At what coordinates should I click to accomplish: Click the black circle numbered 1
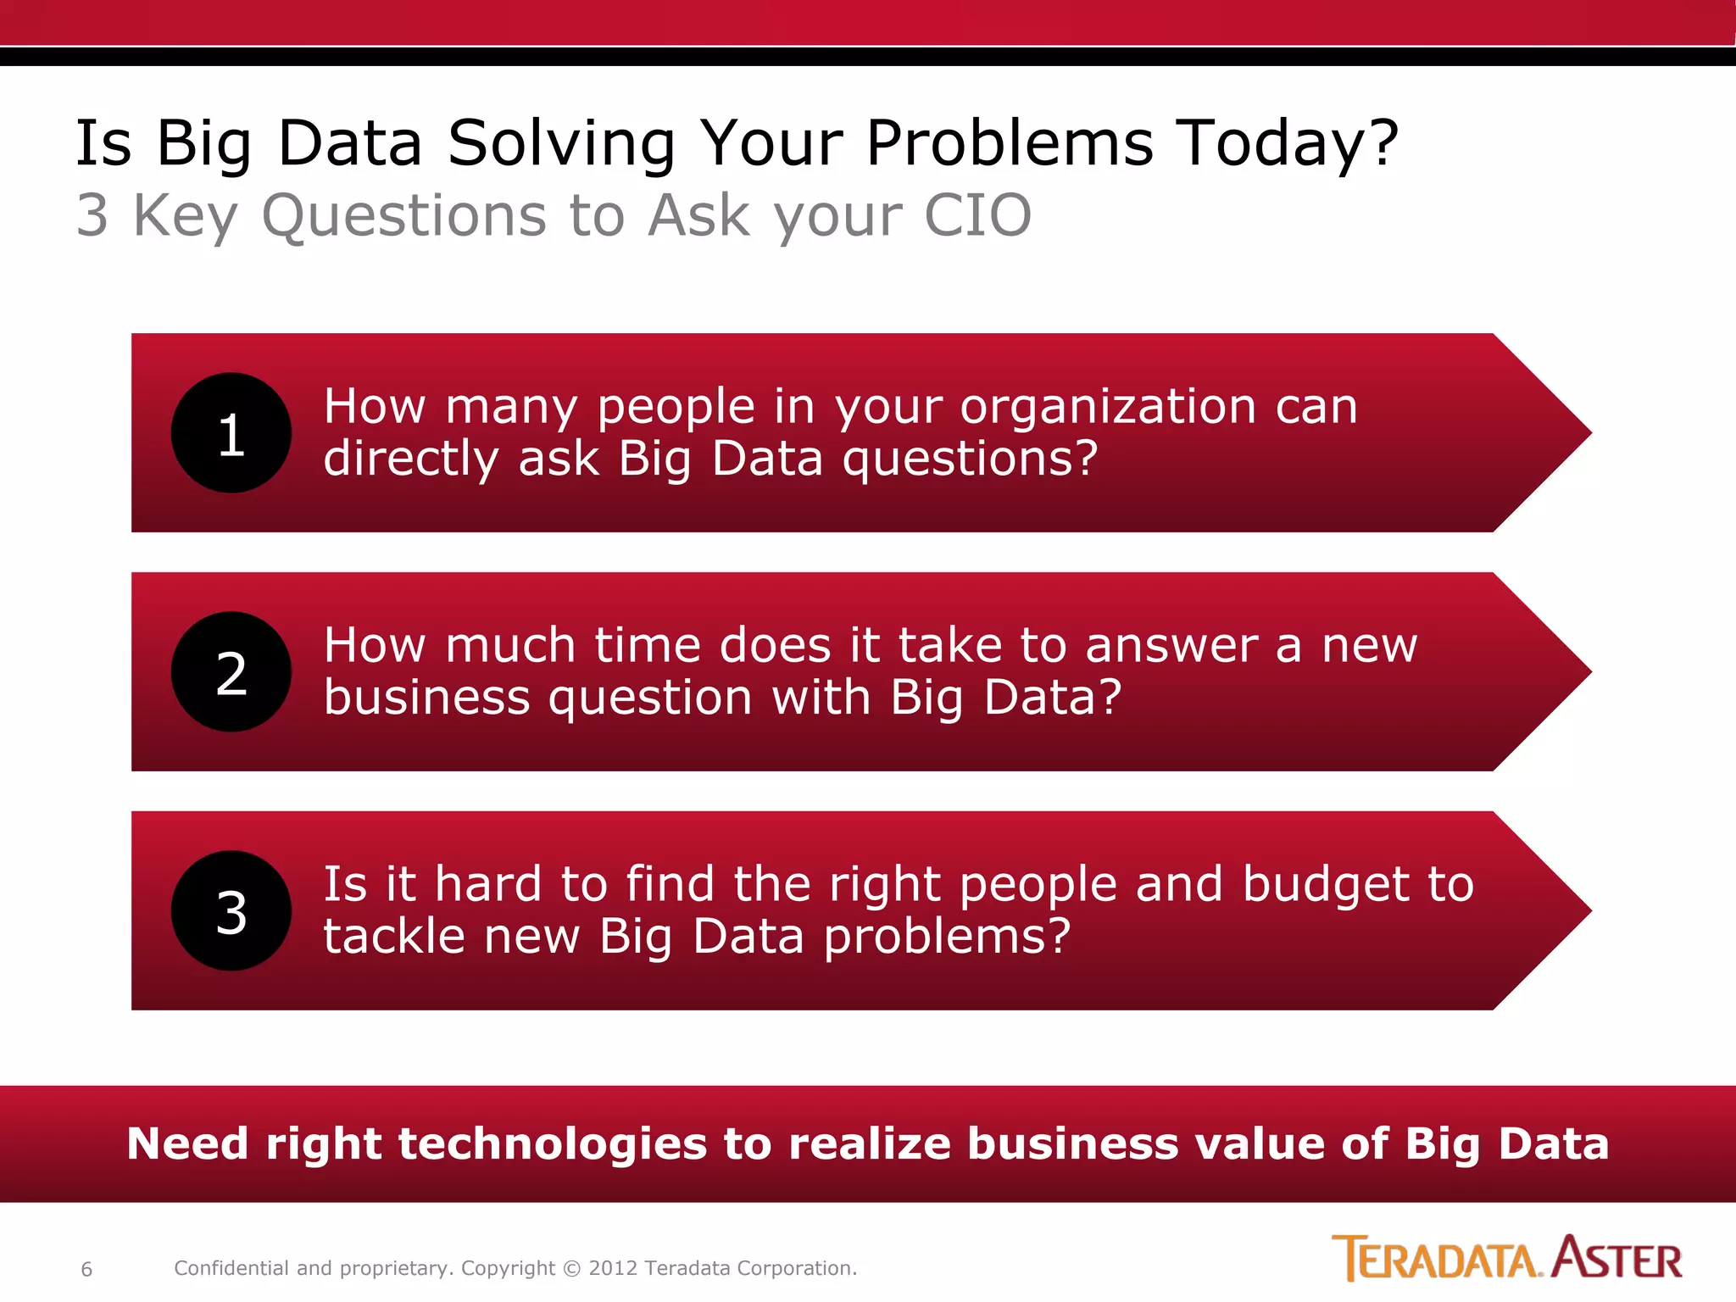point(231,433)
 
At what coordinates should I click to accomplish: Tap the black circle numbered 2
point(231,672)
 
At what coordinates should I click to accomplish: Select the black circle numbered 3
point(231,911)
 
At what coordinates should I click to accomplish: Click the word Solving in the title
point(561,144)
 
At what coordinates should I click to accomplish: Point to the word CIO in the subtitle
point(977,215)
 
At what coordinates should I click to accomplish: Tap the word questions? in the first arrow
point(970,459)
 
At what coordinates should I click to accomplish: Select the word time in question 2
point(647,646)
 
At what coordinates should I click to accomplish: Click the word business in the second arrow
point(426,698)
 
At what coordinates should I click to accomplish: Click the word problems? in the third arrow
point(947,938)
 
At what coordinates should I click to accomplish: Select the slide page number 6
point(86,1269)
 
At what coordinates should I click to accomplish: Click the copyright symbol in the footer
point(572,1269)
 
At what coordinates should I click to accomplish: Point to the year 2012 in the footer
point(612,1269)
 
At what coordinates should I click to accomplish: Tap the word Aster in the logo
point(1617,1259)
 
